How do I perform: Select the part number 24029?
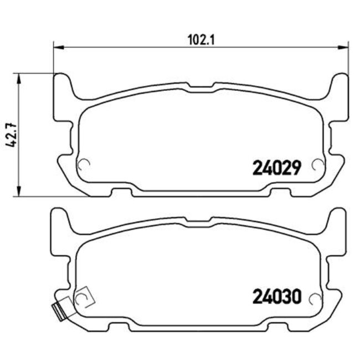[x=276, y=167]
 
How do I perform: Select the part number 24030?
[x=276, y=297]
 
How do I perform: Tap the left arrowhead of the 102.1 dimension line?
[x=57, y=48]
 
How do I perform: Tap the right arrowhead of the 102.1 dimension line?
[x=344, y=48]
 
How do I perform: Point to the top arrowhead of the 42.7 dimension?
[x=20, y=78]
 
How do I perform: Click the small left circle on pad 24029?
[x=85, y=164]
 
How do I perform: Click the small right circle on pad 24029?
[x=317, y=164]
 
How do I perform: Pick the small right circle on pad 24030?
[x=317, y=299]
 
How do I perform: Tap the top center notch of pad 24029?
[x=202, y=86]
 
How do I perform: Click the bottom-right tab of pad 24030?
[x=280, y=327]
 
